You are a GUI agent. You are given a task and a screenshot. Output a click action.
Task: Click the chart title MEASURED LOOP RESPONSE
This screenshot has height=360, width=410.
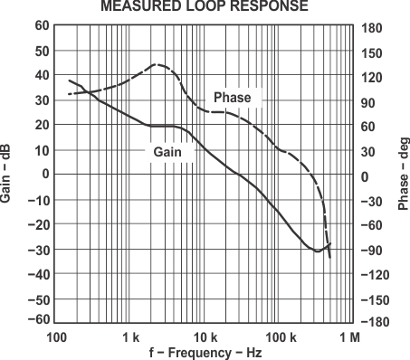(x=205, y=6)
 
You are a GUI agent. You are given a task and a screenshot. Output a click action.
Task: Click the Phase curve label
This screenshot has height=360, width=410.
(x=232, y=97)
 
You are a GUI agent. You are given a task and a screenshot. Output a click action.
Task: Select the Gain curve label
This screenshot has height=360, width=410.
(x=168, y=153)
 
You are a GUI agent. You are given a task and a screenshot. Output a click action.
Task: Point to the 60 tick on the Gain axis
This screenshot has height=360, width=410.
(x=42, y=25)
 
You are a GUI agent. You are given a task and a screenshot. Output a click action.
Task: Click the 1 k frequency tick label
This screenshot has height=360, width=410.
(x=130, y=336)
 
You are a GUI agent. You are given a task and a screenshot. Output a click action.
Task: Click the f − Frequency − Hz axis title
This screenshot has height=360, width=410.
(x=205, y=352)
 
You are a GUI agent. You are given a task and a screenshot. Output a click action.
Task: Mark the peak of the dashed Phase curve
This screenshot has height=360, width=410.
(x=156, y=64)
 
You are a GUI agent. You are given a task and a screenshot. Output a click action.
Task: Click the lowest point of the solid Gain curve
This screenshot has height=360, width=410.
(x=317, y=251)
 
